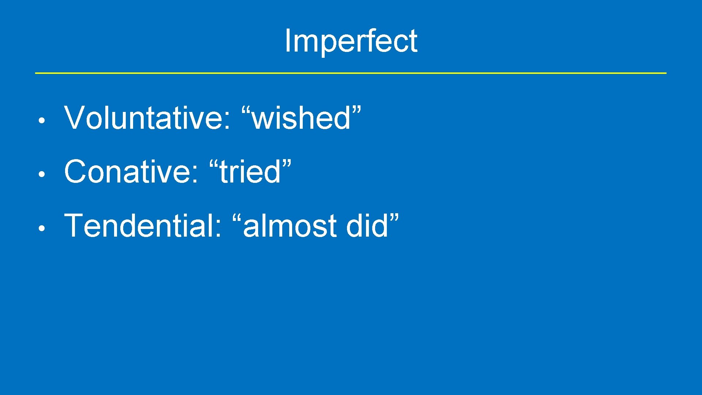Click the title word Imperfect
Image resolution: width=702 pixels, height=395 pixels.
pyautogui.click(x=351, y=41)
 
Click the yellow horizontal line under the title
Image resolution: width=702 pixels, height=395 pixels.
pyautogui.click(x=351, y=73)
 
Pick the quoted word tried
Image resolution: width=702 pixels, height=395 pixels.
pyautogui.click(x=250, y=172)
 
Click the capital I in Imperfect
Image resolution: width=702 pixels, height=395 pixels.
pyautogui.click(x=287, y=41)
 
